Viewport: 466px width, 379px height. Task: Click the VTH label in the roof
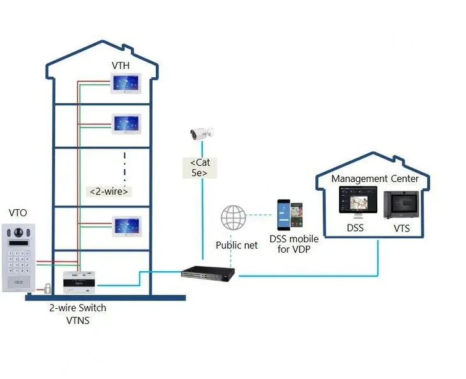click(121, 66)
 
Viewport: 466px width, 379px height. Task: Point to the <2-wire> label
click(109, 191)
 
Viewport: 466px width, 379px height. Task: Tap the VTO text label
click(19, 213)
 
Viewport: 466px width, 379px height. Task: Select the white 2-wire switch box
click(80, 281)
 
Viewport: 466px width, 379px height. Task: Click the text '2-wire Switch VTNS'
click(78, 314)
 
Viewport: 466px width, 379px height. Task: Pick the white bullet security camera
click(202, 133)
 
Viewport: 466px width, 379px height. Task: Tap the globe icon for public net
click(233, 218)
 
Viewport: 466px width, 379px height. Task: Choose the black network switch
click(207, 272)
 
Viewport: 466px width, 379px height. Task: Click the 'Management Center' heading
click(375, 179)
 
